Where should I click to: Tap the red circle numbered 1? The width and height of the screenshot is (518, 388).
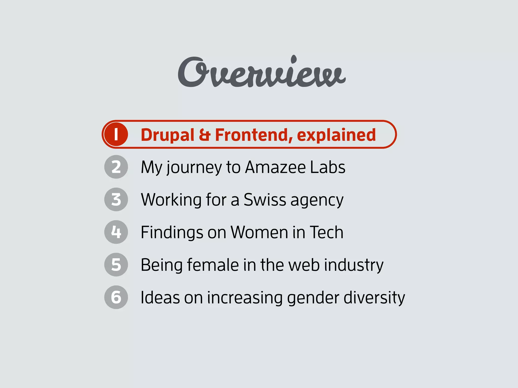[116, 134]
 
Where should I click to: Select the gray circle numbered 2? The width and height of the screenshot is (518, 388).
[116, 167]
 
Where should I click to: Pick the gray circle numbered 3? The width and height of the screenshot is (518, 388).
[116, 200]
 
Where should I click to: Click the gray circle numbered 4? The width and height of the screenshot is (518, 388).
[116, 232]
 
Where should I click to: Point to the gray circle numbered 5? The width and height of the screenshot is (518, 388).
[116, 265]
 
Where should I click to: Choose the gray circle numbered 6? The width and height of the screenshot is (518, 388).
[116, 297]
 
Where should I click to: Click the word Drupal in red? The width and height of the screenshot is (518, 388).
[167, 135]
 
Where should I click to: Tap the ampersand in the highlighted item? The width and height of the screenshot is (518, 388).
[205, 135]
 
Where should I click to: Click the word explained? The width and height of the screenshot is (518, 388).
[336, 135]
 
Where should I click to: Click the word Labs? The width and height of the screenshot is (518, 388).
[328, 167]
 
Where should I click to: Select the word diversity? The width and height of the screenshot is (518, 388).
[374, 298]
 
